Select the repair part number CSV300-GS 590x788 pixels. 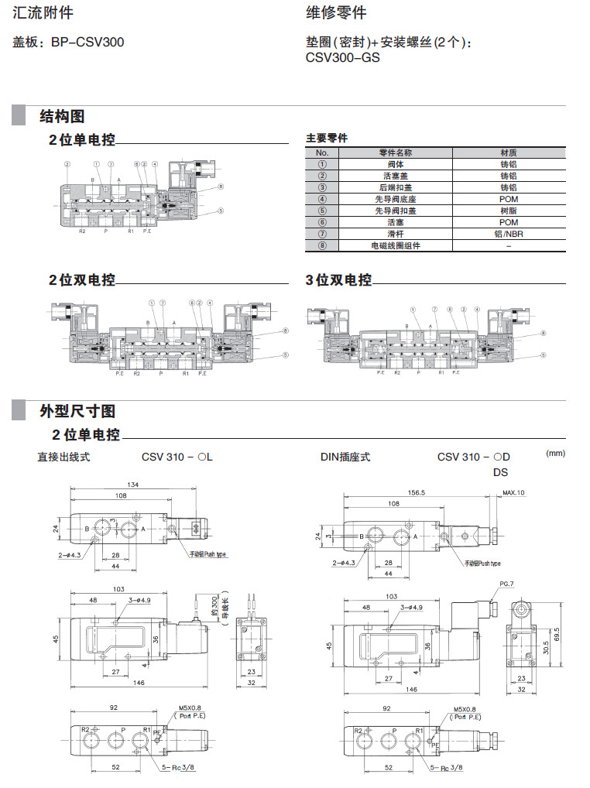343,57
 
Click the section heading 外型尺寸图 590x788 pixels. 77,410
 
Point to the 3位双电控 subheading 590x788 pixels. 338,280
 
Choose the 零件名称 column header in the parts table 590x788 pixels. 395,153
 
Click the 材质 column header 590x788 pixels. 508,153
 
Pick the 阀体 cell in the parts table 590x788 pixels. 395,165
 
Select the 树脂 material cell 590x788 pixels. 508,211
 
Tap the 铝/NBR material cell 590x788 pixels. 508,234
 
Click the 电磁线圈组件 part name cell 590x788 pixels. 395,245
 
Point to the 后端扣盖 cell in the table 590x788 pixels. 395,188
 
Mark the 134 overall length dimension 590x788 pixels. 133,485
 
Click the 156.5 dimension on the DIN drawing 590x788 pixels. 417,492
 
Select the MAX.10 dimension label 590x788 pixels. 513,493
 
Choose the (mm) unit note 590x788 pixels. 557,453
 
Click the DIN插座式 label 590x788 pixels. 345,457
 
